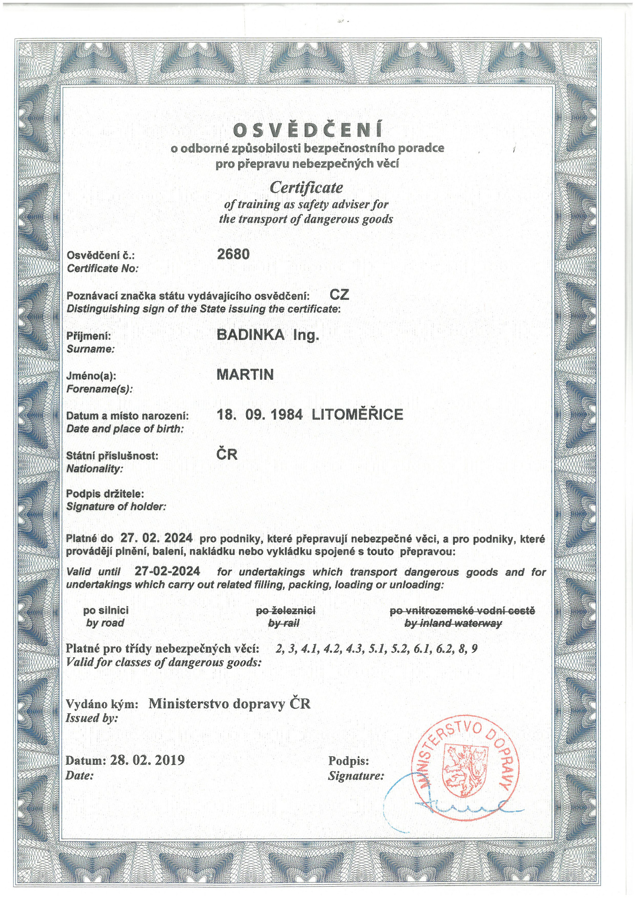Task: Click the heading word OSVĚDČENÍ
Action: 307,130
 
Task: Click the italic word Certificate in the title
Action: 306,188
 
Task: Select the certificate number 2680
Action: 233,254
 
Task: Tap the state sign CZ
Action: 339,295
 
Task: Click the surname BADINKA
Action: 250,335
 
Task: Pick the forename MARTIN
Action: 245,375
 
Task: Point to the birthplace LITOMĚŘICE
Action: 357,414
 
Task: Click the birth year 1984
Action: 287,414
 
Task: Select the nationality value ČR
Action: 227,454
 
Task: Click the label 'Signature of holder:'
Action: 116,507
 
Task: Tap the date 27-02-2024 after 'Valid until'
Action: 167,571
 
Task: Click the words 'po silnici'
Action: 106,610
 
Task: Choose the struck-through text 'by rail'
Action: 284,623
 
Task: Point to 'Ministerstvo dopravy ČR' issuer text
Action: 229,704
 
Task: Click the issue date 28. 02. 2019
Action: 147,760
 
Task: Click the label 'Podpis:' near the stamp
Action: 349,761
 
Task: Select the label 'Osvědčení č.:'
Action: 101,255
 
